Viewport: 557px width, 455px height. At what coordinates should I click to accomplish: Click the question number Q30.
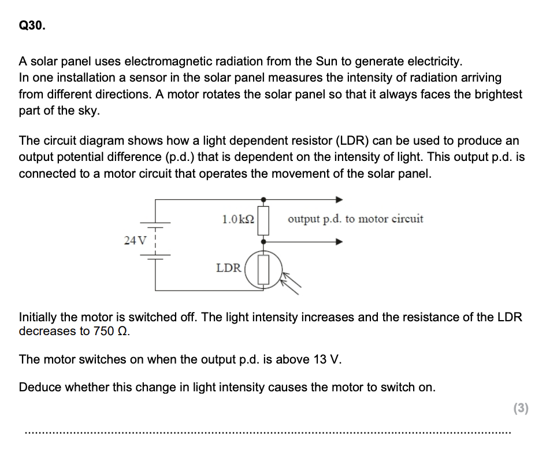click(x=31, y=26)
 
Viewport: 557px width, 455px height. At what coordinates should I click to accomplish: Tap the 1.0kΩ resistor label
click(x=237, y=219)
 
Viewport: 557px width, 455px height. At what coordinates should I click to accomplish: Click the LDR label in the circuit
click(x=228, y=268)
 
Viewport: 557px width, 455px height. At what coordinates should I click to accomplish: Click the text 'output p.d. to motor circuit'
click(x=355, y=219)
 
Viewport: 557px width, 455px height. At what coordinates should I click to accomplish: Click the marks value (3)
click(x=521, y=408)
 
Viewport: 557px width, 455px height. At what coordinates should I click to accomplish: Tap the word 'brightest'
click(x=492, y=94)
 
